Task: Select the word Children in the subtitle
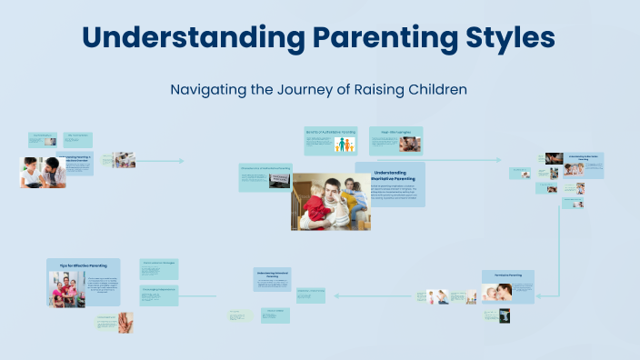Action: click(x=434, y=90)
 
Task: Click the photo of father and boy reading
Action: click(x=43, y=172)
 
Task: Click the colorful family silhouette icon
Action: click(x=345, y=145)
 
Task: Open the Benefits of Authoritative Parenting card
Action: click(x=330, y=132)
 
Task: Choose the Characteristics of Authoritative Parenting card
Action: click(x=265, y=169)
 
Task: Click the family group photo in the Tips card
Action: click(x=67, y=289)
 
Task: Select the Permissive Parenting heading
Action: click(x=507, y=275)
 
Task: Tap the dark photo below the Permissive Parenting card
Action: click(x=504, y=315)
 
